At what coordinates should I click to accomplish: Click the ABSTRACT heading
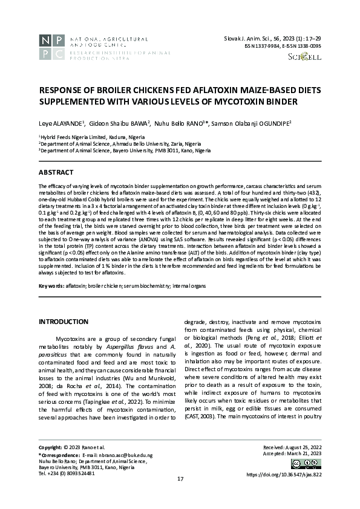click(56, 173)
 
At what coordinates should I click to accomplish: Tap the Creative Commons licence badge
click(306, 464)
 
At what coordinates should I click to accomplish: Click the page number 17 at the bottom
click(180, 496)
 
